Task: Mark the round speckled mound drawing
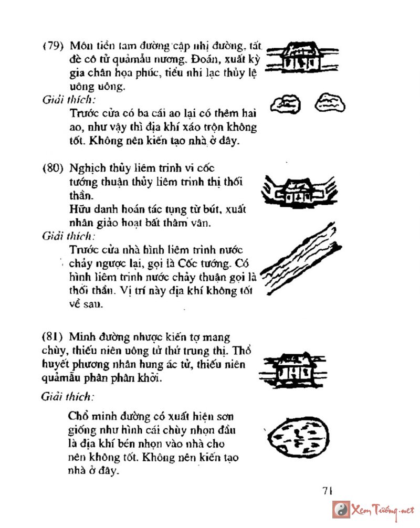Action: [x=296, y=436]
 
